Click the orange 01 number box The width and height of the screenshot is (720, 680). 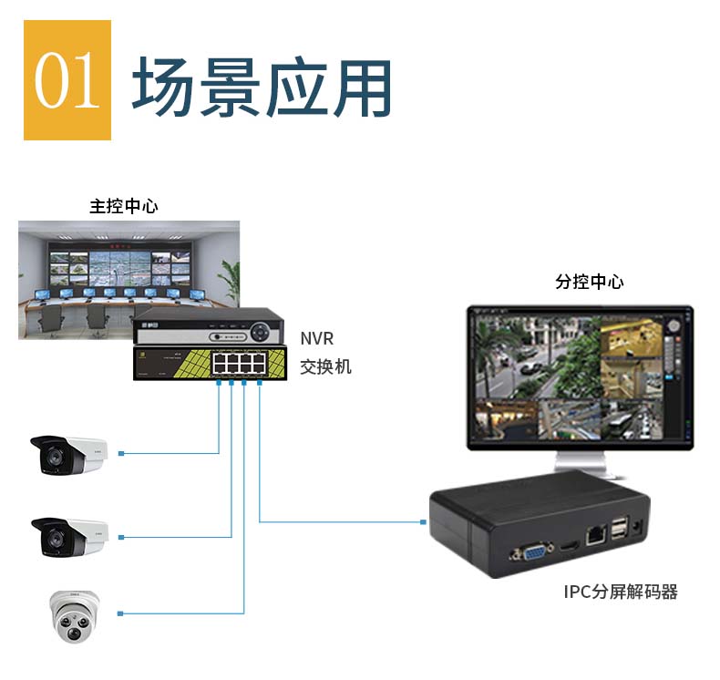coord(67,80)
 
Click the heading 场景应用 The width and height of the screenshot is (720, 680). coord(262,88)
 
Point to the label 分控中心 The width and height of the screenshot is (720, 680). coord(590,282)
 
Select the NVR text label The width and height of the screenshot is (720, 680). coord(317,339)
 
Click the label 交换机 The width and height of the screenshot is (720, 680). coord(325,367)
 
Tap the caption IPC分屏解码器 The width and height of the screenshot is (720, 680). coord(620,592)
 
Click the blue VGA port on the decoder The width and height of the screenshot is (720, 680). coord(533,552)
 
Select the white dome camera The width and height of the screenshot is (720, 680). coord(74,615)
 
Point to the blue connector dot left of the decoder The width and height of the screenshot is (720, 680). coord(424,522)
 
